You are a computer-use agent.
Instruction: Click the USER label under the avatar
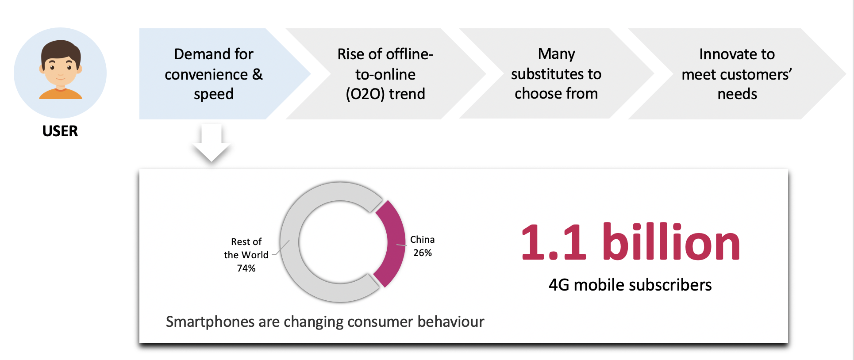(x=60, y=131)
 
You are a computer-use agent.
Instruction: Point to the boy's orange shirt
(x=61, y=94)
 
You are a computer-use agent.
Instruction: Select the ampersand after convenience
(x=258, y=74)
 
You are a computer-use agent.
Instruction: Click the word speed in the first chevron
(x=214, y=94)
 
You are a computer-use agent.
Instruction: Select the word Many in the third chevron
(x=556, y=54)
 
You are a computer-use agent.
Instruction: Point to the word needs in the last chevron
(x=737, y=94)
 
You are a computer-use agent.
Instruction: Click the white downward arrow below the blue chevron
(x=212, y=142)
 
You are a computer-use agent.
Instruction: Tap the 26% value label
(x=423, y=253)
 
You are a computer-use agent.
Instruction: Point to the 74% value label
(x=246, y=268)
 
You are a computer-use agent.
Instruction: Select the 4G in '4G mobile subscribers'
(x=559, y=285)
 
